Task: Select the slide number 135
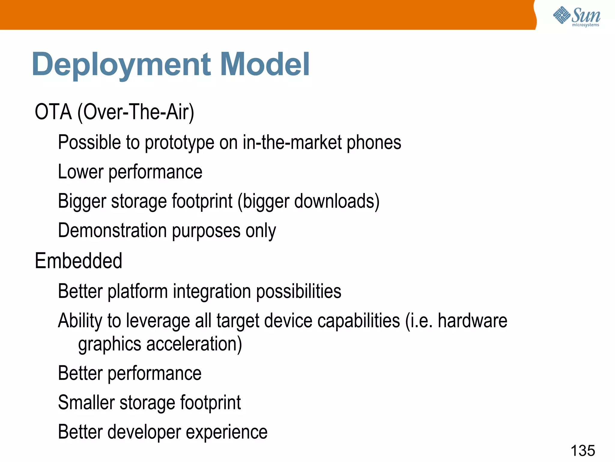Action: point(583,451)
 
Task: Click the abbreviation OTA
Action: point(53,112)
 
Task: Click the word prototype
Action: point(179,143)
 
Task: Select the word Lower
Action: point(80,172)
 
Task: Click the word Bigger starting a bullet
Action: point(82,202)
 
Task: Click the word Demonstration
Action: point(112,231)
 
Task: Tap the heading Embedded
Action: point(78,260)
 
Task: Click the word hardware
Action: point(472,320)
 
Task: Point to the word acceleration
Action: point(192,344)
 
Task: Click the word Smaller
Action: point(86,402)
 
